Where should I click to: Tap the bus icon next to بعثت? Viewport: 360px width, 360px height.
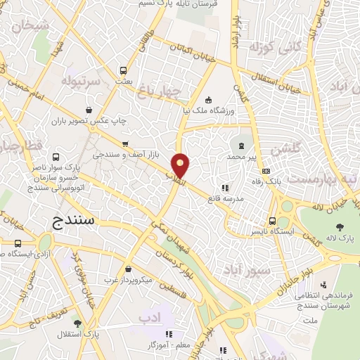tap(124, 70)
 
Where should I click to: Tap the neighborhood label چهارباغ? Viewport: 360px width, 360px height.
tap(180, 91)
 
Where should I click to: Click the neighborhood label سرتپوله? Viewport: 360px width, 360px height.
tap(84, 81)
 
